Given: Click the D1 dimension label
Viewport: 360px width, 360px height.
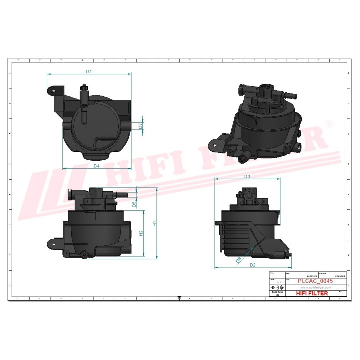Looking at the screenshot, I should [88, 71].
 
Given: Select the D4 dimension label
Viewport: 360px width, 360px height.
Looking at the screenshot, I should [96, 165].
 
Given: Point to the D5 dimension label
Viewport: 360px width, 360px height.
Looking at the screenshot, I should [134, 204].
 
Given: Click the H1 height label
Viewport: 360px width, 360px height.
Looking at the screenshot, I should [155, 224].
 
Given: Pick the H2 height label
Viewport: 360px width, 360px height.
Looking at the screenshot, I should [141, 233].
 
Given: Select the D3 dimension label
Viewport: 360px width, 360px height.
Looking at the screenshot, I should [247, 176].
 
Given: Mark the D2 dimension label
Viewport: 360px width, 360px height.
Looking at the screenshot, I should [252, 265].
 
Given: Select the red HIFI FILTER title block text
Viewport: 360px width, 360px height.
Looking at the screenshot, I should [312, 293].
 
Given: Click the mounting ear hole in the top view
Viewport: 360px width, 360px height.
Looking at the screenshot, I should [52, 90].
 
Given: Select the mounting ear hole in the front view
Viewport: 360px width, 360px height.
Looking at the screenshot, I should [51, 243].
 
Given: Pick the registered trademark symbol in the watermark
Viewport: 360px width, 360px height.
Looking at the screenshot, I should [328, 123].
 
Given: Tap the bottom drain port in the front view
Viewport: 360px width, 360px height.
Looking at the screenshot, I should [85, 255].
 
